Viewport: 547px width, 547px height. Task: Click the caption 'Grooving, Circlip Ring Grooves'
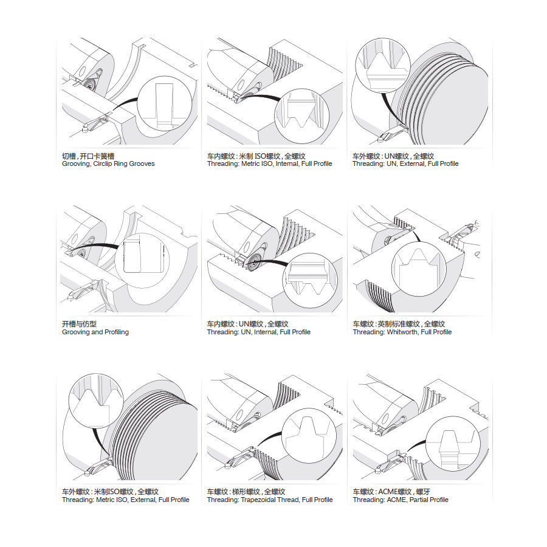108,164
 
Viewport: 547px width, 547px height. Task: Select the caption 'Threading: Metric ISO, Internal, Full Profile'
269,164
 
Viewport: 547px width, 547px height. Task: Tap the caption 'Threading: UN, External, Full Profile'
405,164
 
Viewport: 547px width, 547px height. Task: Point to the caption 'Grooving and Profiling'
95,332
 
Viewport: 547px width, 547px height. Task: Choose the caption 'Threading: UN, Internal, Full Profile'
258,332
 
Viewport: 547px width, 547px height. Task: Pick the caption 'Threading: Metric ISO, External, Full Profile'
126,500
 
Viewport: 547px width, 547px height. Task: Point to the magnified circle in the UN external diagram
381,66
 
